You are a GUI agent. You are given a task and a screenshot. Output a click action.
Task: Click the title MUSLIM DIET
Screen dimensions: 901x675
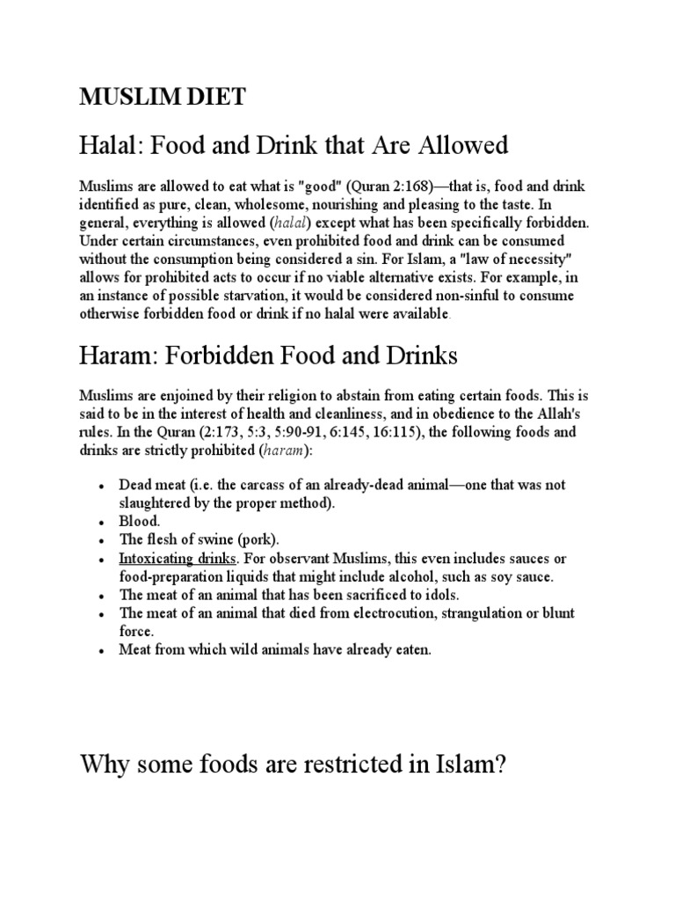(x=163, y=99)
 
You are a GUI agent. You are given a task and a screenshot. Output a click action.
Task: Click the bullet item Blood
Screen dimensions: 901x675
(x=140, y=521)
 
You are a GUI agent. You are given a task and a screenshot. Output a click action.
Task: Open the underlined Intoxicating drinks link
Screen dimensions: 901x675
(x=177, y=559)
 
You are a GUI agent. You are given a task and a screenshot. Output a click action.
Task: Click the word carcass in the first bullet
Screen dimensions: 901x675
(x=264, y=485)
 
